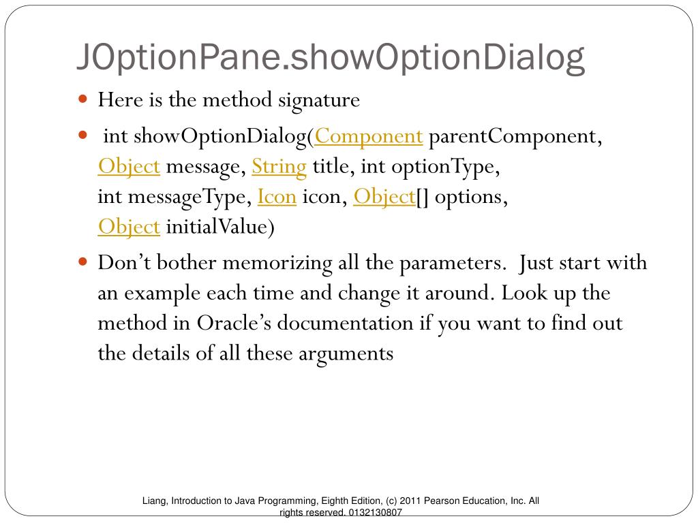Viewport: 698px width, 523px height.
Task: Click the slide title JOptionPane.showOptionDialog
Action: click(x=331, y=58)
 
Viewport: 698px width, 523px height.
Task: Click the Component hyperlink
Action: click(x=369, y=136)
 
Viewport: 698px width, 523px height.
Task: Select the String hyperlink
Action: click(x=279, y=168)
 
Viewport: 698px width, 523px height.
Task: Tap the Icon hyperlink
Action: click(x=277, y=197)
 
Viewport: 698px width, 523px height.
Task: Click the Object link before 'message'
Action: click(x=129, y=168)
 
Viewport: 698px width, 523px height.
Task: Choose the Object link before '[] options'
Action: click(x=384, y=197)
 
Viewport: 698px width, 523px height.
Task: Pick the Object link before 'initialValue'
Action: click(x=129, y=227)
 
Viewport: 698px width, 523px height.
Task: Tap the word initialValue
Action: click(x=217, y=227)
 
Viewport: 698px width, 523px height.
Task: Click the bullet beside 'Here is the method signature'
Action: click(x=82, y=98)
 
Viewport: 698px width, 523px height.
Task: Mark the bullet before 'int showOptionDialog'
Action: click(x=82, y=134)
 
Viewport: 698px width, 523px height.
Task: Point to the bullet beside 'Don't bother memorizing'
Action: click(x=82, y=261)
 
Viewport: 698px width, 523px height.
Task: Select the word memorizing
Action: click(x=277, y=264)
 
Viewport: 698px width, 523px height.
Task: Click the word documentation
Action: click(x=345, y=323)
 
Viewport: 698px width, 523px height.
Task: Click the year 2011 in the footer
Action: click(x=410, y=501)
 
